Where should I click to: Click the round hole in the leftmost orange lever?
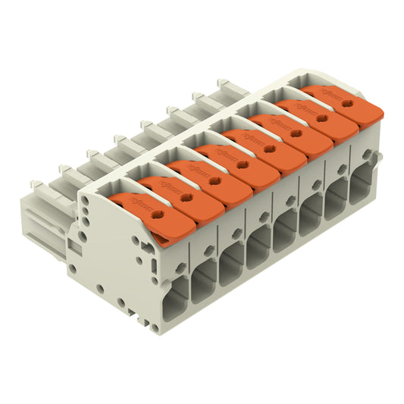point(158,215)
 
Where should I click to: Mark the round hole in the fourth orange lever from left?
point(242,165)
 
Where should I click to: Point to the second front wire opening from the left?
point(202,281)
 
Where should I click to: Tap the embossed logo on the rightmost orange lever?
point(327,95)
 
